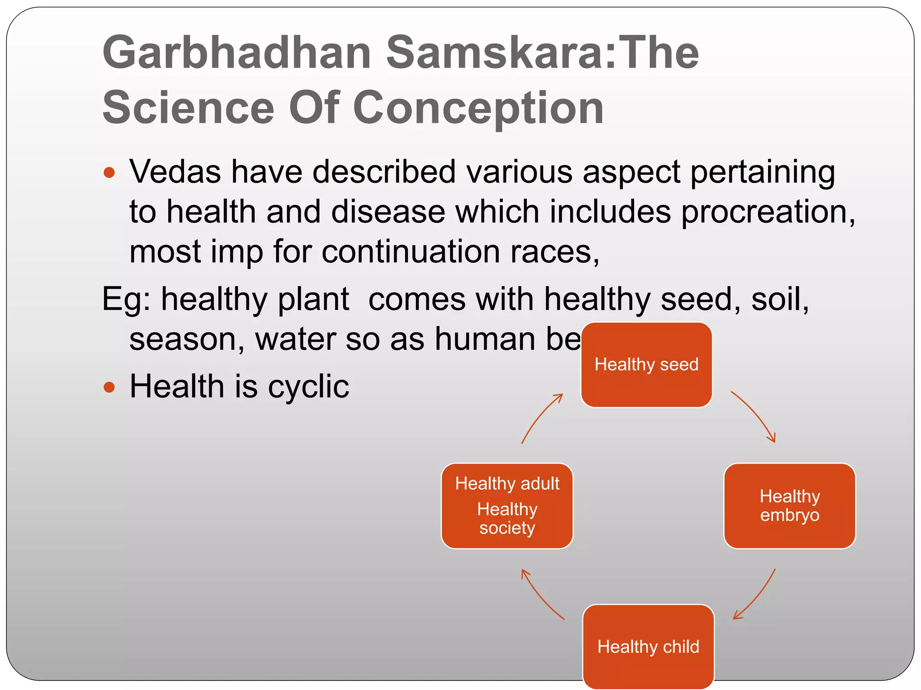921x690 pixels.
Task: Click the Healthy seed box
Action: (x=646, y=365)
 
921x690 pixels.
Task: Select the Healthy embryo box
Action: (x=789, y=506)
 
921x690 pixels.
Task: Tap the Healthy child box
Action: (x=648, y=646)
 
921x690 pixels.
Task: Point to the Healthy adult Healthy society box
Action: (x=507, y=506)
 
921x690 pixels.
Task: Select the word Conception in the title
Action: (x=478, y=108)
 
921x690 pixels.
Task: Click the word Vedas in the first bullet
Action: (x=175, y=172)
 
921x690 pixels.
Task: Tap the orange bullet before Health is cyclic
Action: (x=109, y=387)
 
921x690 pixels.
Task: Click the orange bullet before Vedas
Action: (x=109, y=172)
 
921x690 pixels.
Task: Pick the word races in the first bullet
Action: (x=550, y=252)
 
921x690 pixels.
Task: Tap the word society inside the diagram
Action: (x=507, y=528)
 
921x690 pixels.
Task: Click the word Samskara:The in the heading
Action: (x=542, y=53)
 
